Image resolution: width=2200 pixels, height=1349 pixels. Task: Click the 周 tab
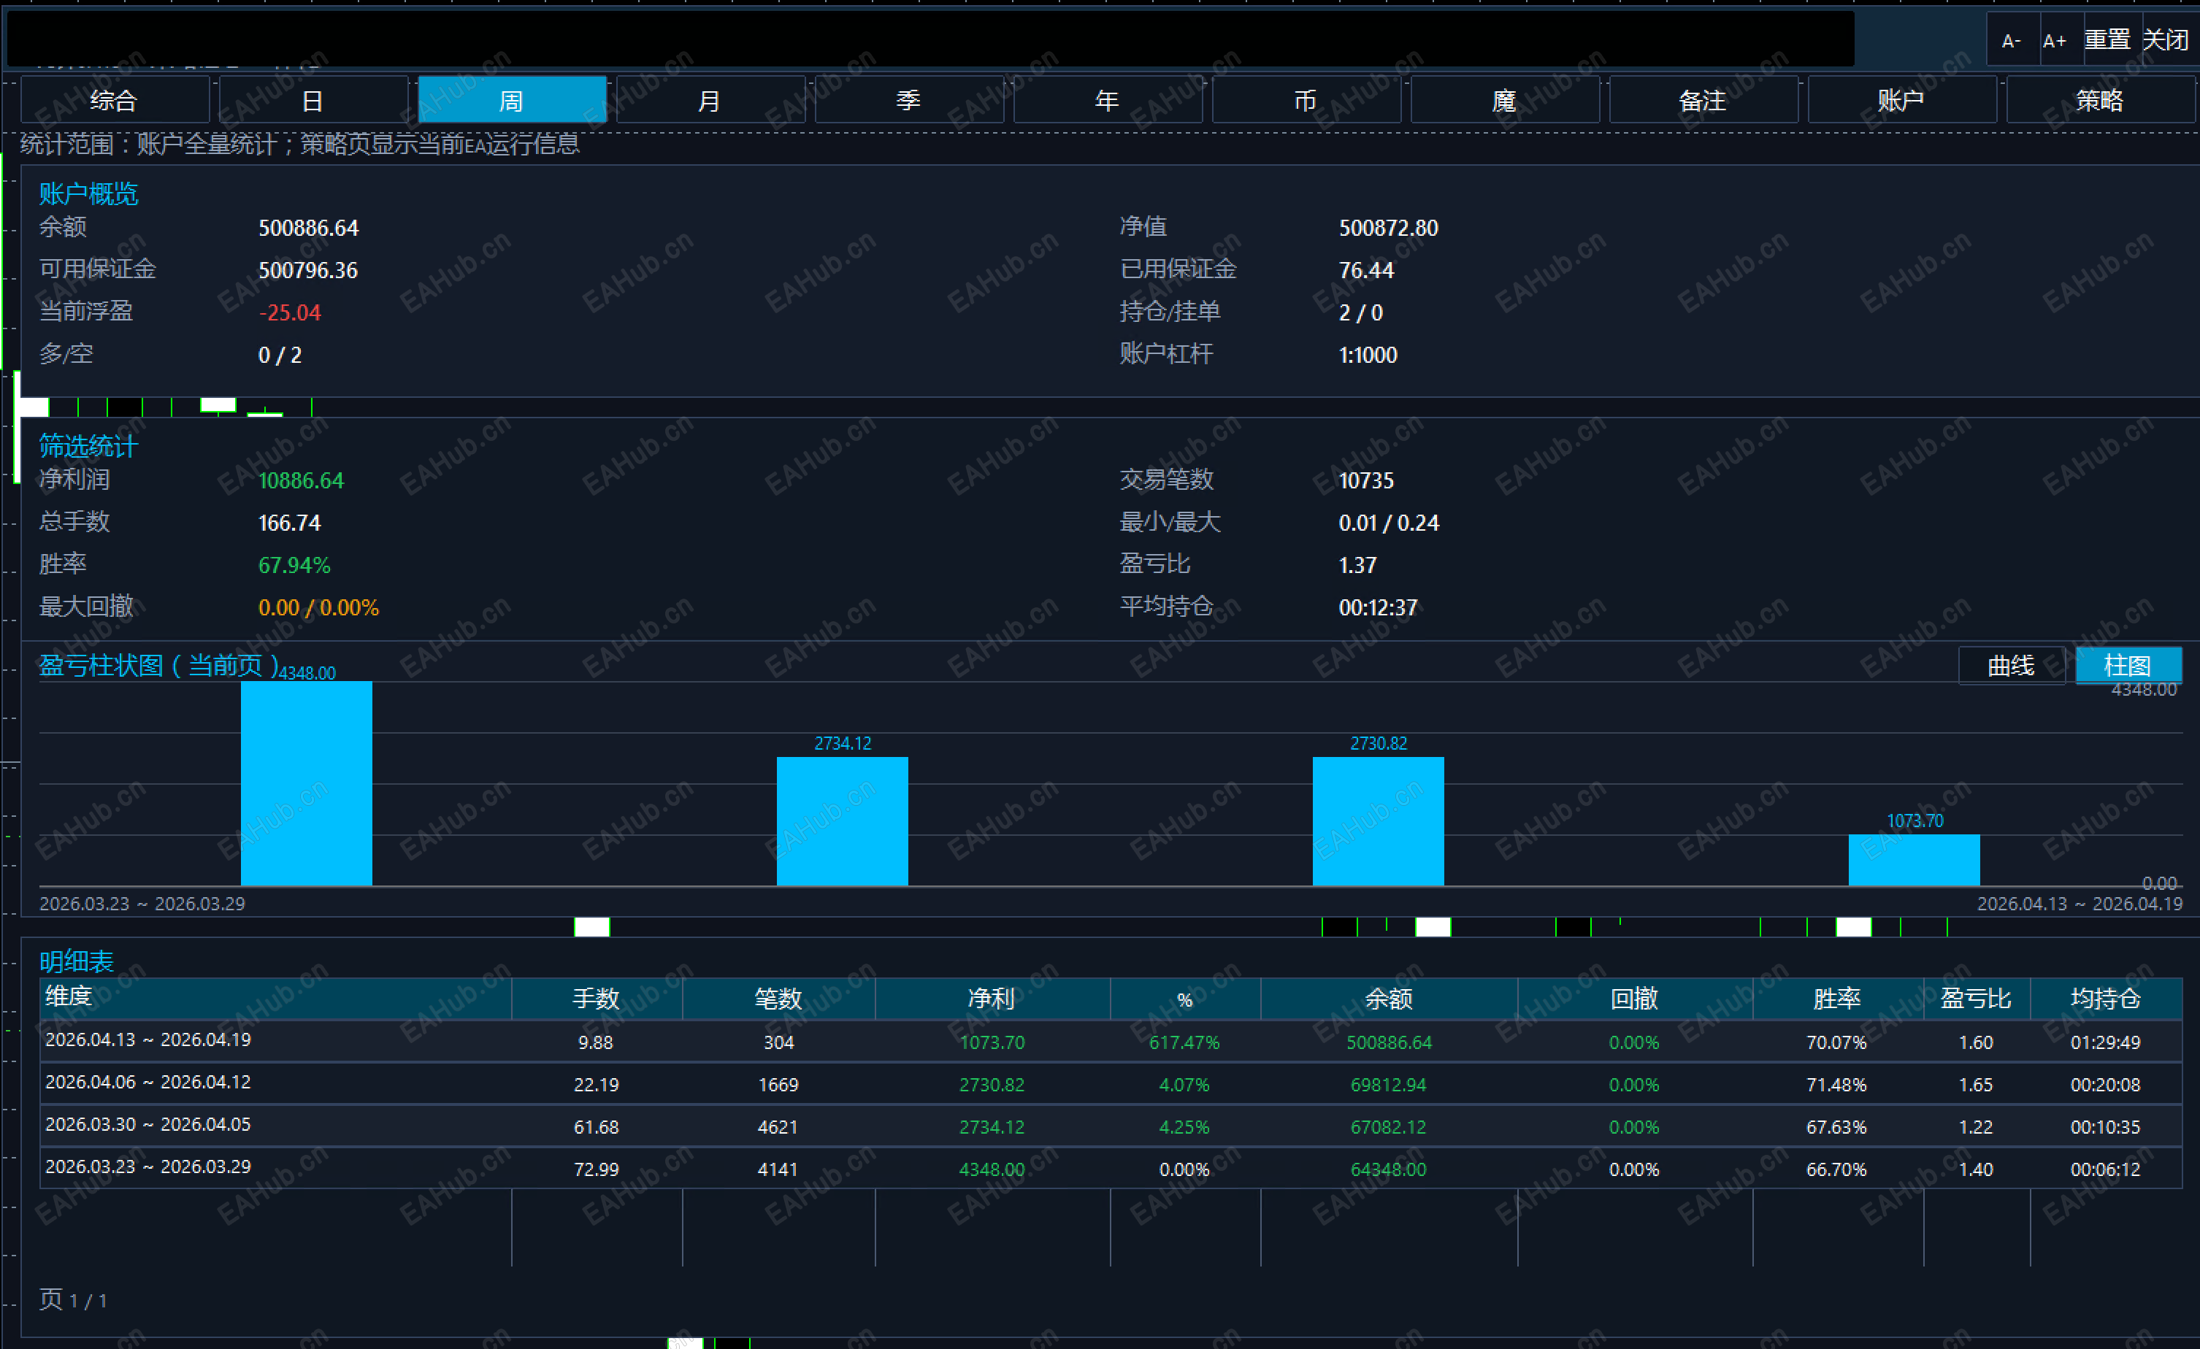[512, 99]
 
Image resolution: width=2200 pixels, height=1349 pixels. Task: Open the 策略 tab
[2100, 99]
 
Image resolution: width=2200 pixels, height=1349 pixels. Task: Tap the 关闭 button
[2166, 39]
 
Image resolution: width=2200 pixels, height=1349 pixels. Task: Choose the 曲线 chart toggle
[2012, 665]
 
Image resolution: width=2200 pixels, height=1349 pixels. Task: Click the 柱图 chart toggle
[2128, 665]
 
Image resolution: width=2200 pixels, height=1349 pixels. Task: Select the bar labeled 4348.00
[306, 783]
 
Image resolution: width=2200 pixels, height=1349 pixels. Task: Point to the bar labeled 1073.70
[1915, 860]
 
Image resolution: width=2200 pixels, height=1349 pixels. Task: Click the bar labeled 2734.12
[842, 821]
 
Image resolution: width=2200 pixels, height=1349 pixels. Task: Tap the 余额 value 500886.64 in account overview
[309, 228]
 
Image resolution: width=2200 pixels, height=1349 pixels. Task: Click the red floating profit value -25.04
[290, 312]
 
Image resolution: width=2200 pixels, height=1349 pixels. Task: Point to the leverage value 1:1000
[1368, 355]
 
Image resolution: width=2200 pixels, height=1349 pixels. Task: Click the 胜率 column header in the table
[1836, 998]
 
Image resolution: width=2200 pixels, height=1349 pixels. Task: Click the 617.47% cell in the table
[1184, 1042]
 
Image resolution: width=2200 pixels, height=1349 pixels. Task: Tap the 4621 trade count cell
[778, 1126]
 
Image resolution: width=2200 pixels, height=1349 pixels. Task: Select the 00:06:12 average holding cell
[2105, 1169]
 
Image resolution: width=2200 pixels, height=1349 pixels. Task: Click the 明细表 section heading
[77, 961]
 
